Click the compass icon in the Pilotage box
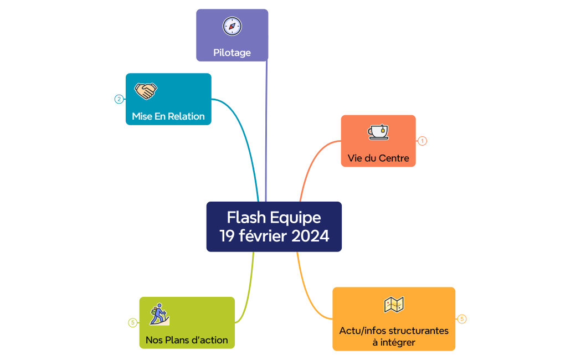232,26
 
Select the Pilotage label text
232,53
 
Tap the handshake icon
146,91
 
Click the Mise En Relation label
168,116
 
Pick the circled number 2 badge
119,99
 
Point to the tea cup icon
378,132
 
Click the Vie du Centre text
378,158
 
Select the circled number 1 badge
422,141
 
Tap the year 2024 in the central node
310,236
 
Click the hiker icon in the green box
160,314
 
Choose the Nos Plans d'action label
187,340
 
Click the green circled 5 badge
133,322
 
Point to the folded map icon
394,305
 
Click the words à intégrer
394,342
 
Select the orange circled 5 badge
462,319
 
